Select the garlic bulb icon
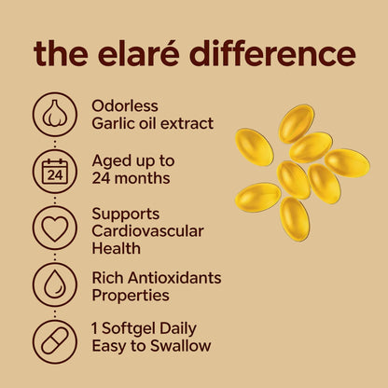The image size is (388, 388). [55, 115]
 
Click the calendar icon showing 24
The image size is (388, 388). [55, 170]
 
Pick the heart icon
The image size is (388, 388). [55, 227]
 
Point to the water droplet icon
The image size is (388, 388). [55, 283]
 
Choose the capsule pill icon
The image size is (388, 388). [55, 339]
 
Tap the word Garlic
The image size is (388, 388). [113, 124]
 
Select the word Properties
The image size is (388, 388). [130, 295]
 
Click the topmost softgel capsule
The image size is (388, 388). [297, 122]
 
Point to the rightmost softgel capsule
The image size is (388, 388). [347, 162]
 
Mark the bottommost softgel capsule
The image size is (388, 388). [295, 219]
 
